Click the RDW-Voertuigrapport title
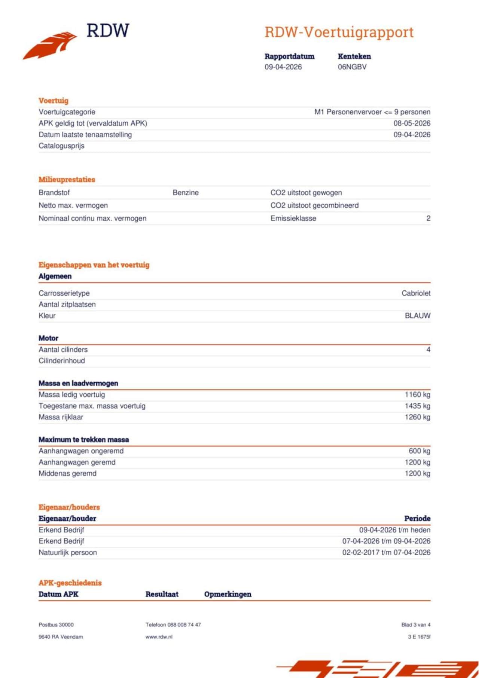(x=339, y=33)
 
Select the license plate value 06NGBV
(x=352, y=67)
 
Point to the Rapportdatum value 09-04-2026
(x=283, y=67)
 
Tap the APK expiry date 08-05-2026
(x=412, y=123)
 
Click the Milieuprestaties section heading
(x=67, y=180)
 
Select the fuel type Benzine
(x=186, y=193)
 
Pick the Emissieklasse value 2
(x=428, y=219)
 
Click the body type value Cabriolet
(x=416, y=293)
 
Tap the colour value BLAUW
(x=417, y=316)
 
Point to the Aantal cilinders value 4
(x=428, y=349)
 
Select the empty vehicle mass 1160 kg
(x=417, y=395)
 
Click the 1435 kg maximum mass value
(x=417, y=406)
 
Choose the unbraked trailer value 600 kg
(x=419, y=451)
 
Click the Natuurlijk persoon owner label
(x=68, y=553)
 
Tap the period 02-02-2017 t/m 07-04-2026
(x=386, y=552)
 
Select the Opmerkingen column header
(x=228, y=594)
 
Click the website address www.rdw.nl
(x=159, y=637)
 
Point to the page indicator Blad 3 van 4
(x=415, y=625)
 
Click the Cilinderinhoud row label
(x=62, y=361)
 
